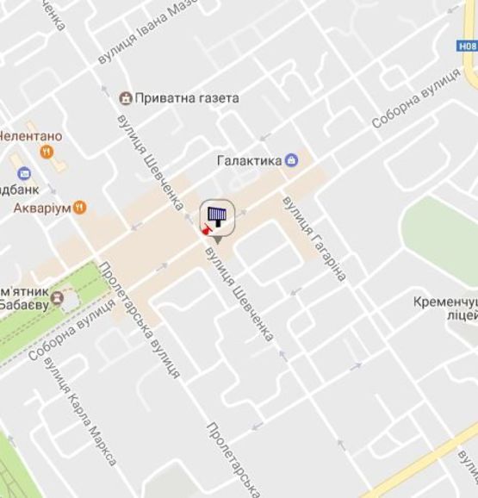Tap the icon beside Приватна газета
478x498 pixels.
pos(126,96)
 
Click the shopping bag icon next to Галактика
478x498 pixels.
pos(292,159)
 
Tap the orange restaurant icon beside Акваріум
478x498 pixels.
pos(80,207)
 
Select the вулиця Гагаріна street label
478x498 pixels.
pos(314,239)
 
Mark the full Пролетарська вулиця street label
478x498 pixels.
pos(140,321)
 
